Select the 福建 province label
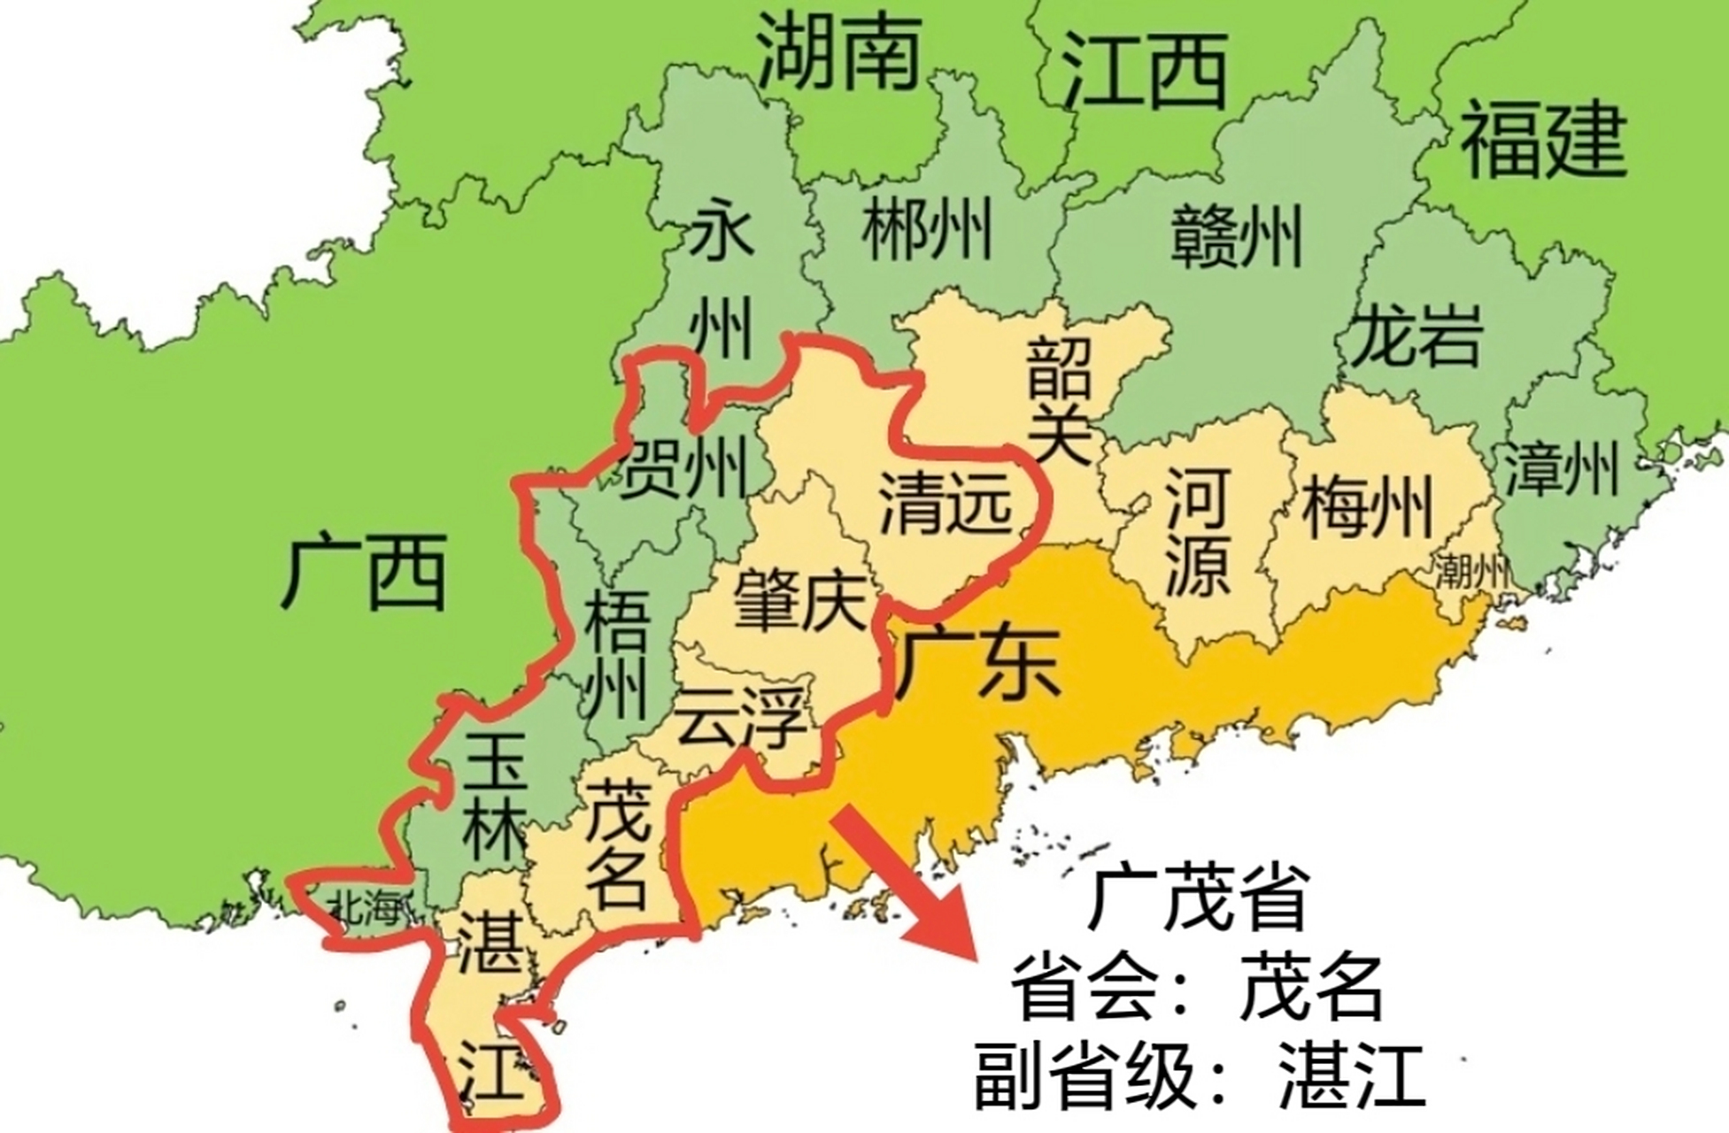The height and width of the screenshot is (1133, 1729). click(1543, 140)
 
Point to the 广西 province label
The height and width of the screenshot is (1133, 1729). click(364, 574)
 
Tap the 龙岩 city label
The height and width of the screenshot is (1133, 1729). click(1414, 335)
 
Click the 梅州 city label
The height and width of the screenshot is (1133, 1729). click(1367, 506)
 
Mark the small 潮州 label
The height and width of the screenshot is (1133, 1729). click(1471, 571)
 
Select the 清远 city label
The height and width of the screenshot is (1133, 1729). click(945, 503)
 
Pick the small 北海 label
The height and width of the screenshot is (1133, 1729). click(365, 907)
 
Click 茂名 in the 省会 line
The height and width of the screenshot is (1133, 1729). click(1311, 987)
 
